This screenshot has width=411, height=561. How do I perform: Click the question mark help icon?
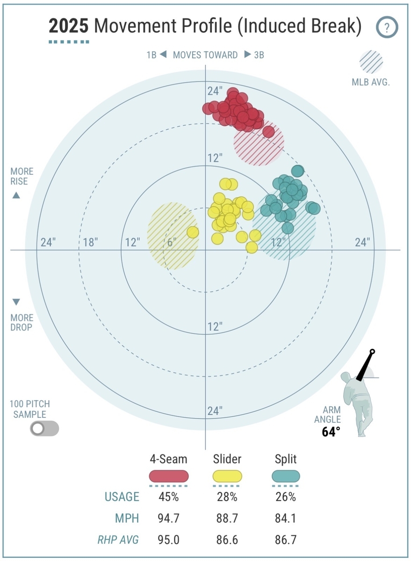click(x=387, y=28)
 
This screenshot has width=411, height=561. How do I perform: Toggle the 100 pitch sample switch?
click(x=44, y=428)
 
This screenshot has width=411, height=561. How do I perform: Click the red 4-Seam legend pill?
click(x=168, y=476)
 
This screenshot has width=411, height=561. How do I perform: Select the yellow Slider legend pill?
click(x=227, y=476)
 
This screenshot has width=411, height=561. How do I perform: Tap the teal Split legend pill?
click(x=285, y=476)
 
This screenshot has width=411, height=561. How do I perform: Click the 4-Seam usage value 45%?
click(x=168, y=497)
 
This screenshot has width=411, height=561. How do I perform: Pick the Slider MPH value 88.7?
click(x=227, y=518)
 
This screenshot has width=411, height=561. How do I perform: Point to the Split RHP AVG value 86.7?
click(x=285, y=539)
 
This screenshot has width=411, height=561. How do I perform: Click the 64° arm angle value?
click(x=331, y=432)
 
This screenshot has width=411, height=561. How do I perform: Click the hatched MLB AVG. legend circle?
click(x=371, y=62)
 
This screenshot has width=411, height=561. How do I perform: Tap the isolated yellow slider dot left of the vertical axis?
click(x=193, y=232)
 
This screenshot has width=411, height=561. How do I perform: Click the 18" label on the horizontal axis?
click(x=90, y=242)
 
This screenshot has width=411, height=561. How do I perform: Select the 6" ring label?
click(x=171, y=242)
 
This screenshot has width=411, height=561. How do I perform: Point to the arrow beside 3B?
click(x=247, y=55)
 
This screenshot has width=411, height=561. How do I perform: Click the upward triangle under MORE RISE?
click(x=16, y=195)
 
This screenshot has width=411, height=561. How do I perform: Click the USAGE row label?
click(x=122, y=497)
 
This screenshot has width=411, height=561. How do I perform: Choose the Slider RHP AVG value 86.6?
click(x=227, y=539)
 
